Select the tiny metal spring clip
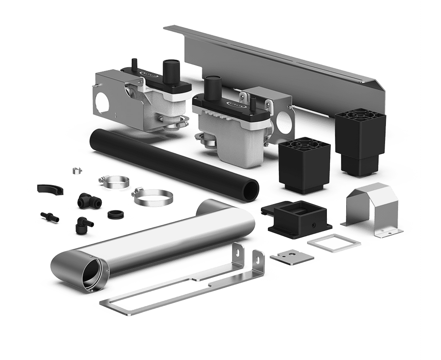[x=76, y=171]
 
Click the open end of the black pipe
[x=251, y=190]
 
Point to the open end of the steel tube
[x=93, y=273]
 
